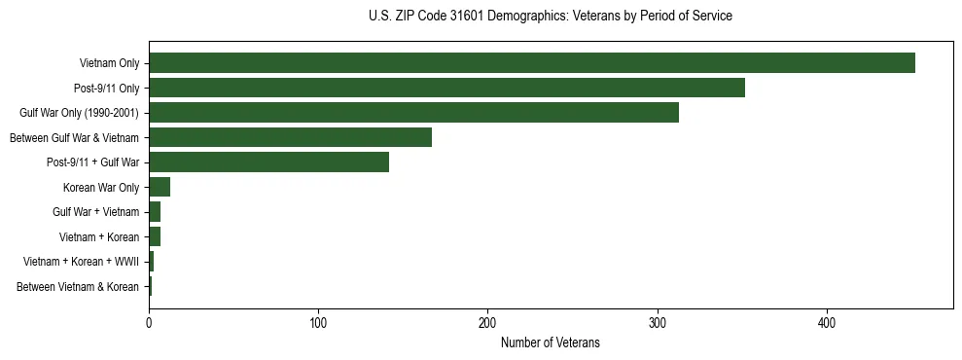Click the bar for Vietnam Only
(531, 63)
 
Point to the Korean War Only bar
(160, 187)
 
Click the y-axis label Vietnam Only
(109, 63)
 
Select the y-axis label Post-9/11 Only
(106, 89)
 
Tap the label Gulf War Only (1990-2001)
(79, 113)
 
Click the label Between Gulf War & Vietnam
(74, 138)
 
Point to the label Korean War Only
(101, 188)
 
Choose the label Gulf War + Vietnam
(95, 212)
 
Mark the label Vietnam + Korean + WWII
(81, 262)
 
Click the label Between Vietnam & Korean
(78, 287)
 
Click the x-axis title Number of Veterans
(550, 342)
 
